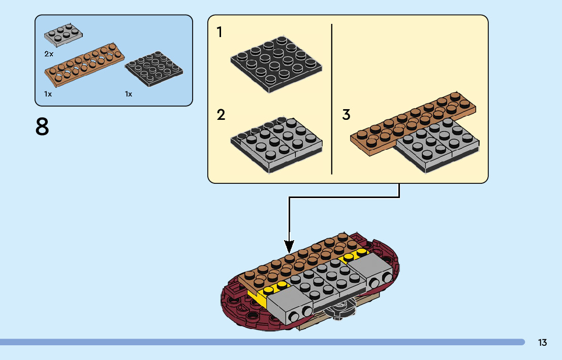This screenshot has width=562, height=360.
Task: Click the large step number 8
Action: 42,127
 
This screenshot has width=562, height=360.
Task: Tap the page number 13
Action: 542,343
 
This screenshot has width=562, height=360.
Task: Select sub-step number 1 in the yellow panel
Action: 220,32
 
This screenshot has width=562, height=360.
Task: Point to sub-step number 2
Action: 221,115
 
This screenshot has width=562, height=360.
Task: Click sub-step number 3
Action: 346,115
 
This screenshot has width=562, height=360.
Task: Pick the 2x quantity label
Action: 49,53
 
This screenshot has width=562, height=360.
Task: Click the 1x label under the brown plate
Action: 48,94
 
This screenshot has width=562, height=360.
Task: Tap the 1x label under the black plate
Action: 129,94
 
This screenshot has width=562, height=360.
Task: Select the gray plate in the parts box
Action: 64,34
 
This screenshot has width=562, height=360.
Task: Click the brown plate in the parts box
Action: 84,65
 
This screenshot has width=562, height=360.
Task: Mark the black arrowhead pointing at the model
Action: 289,247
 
